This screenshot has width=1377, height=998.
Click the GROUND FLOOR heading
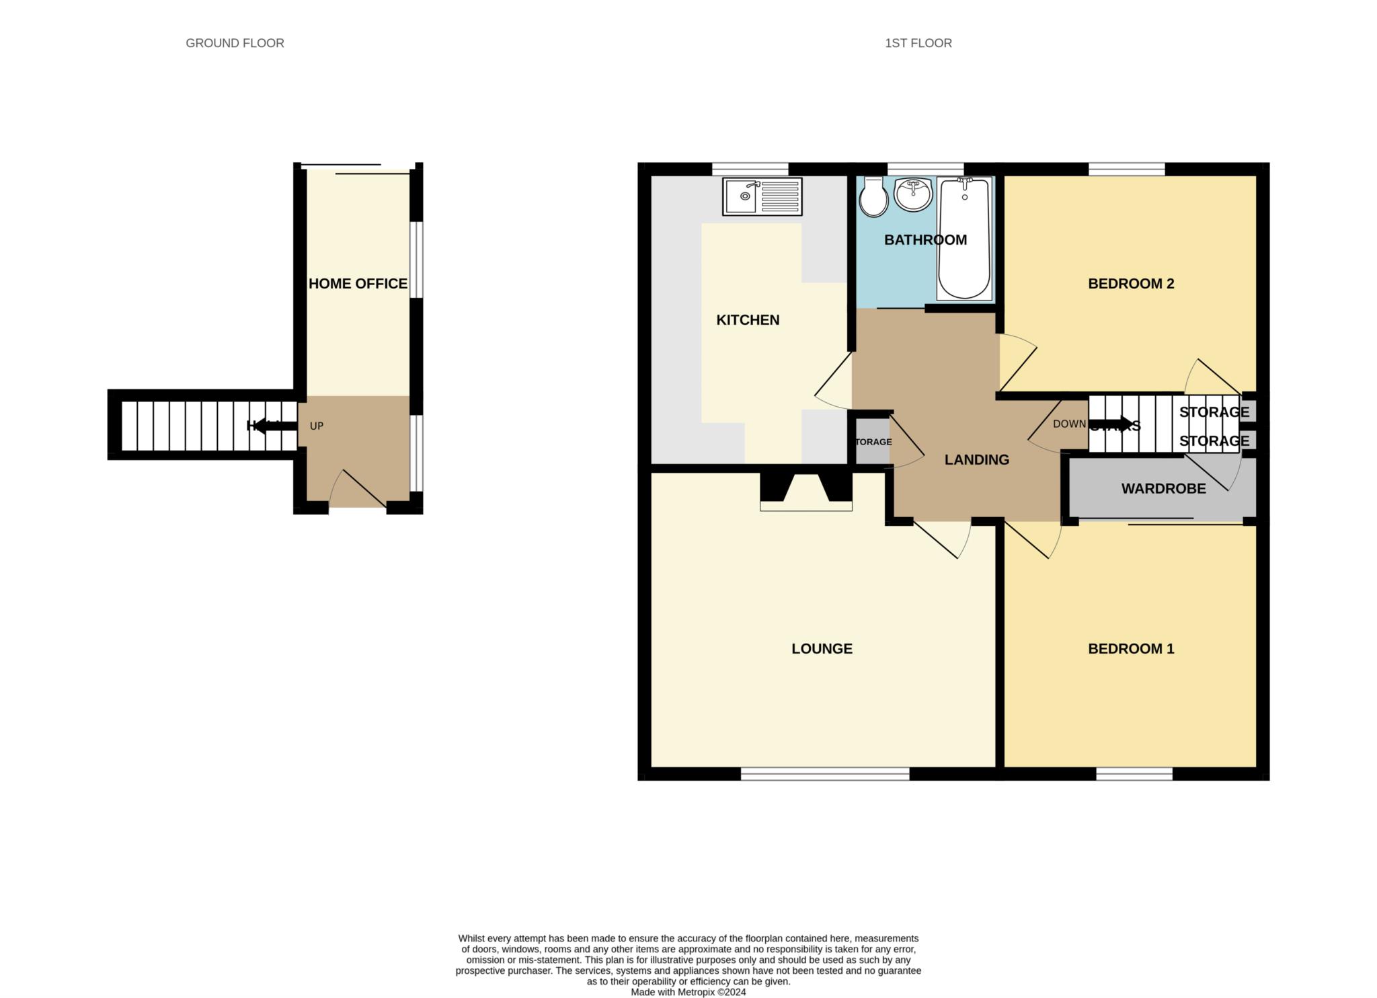click(x=235, y=43)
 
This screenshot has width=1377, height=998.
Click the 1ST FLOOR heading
click(x=918, y=43)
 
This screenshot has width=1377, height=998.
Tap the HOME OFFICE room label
click(x=358, y=284)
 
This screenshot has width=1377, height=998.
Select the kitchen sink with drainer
click(x=762, y=196)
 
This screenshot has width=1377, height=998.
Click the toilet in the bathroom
click(x=873, y=197)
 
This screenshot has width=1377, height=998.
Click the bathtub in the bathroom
click(x=964, y=239)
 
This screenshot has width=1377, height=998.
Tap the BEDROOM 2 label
click(x=1131, y=284)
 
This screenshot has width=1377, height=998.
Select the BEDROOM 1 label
click(x=1131, y=649)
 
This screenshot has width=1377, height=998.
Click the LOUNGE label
click(x=822, y=649)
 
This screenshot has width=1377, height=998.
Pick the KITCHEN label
click(x=748, y=320)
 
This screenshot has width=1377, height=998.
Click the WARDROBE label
click(x=1163, y=489)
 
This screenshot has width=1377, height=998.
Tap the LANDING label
click(x=976, y=460)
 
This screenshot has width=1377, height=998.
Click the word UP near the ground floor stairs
click(x=317, y=426)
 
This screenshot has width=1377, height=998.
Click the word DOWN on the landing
click(x=1069, y=424)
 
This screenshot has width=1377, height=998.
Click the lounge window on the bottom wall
click(x=825, y=775)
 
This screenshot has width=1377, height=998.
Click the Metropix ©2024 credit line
click(x=688, y=992)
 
